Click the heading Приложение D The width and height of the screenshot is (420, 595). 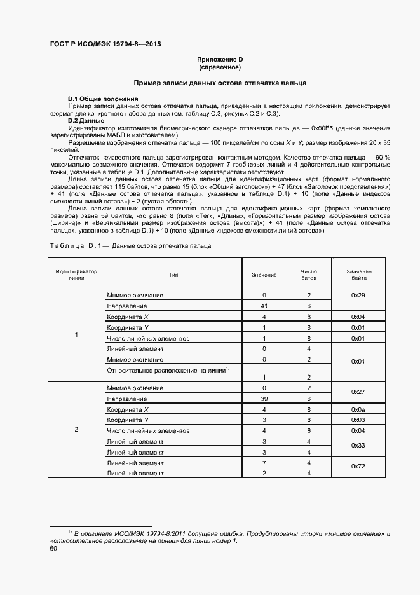click(220, 59)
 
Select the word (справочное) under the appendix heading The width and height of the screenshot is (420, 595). click(220, 67)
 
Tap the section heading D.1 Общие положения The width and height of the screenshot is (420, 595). click(103, 99)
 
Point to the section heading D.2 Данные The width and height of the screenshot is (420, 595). click(86, 120)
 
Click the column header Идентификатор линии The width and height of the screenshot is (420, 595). click(76, 275)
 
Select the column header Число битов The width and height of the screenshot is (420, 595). click(308, 275)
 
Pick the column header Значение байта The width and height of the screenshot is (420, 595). click(359, 275)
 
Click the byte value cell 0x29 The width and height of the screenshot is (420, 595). click(359, 296)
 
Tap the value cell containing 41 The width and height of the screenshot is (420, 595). click(264, 306)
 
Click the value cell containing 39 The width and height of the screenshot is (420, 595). click(264, 398)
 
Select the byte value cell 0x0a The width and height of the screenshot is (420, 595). click(359, 409)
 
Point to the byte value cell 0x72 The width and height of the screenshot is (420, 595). click(359, 467)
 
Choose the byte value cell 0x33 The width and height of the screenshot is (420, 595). click(359, 446)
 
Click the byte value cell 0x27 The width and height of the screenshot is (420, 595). click(359, 393)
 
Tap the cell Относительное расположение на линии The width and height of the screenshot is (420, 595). click(168, 371)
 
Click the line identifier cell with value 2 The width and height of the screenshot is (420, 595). click(76, 430)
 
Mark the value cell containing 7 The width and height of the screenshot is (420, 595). click(264, 462)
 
